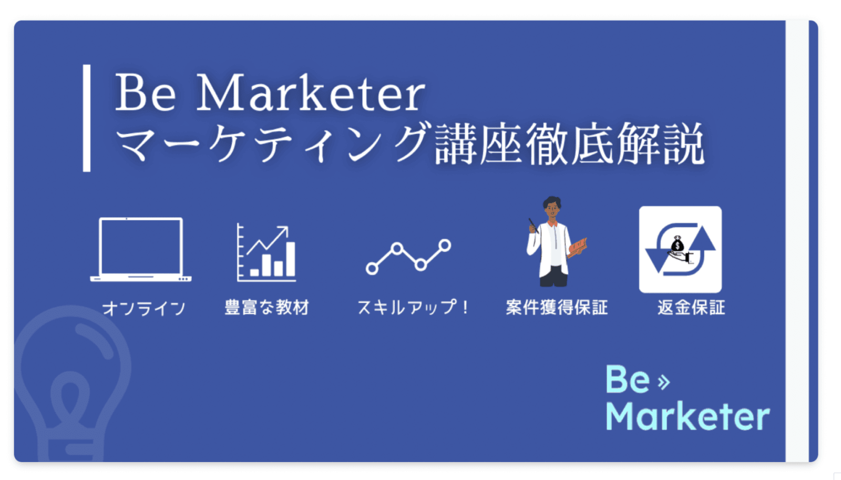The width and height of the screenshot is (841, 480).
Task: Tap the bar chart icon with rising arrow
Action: pyautogui.click(x=266, y=252)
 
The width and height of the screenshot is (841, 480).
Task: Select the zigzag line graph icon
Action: pyautogui.click(x=408, y=257)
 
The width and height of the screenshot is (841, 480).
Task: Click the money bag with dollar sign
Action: pyautogui.click(x=678, y=245)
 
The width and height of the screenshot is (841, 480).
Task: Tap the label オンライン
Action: pyautogui.click(x=144, y=309)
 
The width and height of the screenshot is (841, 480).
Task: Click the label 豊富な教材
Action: pyautogui.click(x=267, y=308)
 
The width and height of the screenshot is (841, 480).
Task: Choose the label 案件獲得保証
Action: pyautogui.click(x=557, y=308)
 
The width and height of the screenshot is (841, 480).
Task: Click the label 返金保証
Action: pyautogui.click(x=691, y=308)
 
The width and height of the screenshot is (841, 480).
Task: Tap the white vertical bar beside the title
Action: pyautogui.click(x=87, y=118)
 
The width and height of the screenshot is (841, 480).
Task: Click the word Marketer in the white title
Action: pyautogui.click(x=311, y=93)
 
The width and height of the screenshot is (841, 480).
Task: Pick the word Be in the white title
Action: pyautogui.click(x=145, y=93)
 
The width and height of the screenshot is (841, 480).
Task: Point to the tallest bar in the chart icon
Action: pyautogui.click(x=290, y=259)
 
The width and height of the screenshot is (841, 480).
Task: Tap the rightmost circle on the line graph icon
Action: pyautogui.click(x=445, y=246)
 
